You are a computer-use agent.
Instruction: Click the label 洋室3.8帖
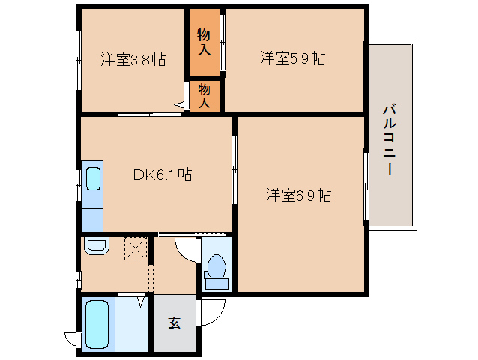[x=133, y=59]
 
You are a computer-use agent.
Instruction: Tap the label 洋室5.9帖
[x=292, y=58]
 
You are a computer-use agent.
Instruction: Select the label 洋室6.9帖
[x=298, y=196]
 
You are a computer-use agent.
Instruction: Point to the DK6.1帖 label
[x=162, y=175]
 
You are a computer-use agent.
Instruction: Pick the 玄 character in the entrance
[x=174, y=323]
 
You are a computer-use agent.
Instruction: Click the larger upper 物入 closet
[x=204, y=42]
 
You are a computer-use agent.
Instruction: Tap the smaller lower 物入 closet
[x=204, y=95]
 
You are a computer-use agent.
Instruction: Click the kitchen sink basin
[x=93, y=179]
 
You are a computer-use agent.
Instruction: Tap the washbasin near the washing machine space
[x=95, y=245]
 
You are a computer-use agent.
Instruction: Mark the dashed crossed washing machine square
[x=136, y=248]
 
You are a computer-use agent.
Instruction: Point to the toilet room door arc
[x=186, y=248]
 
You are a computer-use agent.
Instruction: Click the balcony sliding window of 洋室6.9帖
[x=366, y=187]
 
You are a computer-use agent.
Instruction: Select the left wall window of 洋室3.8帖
[x=78, y=59]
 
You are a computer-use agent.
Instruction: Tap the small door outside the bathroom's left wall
[x=71, y=338]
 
